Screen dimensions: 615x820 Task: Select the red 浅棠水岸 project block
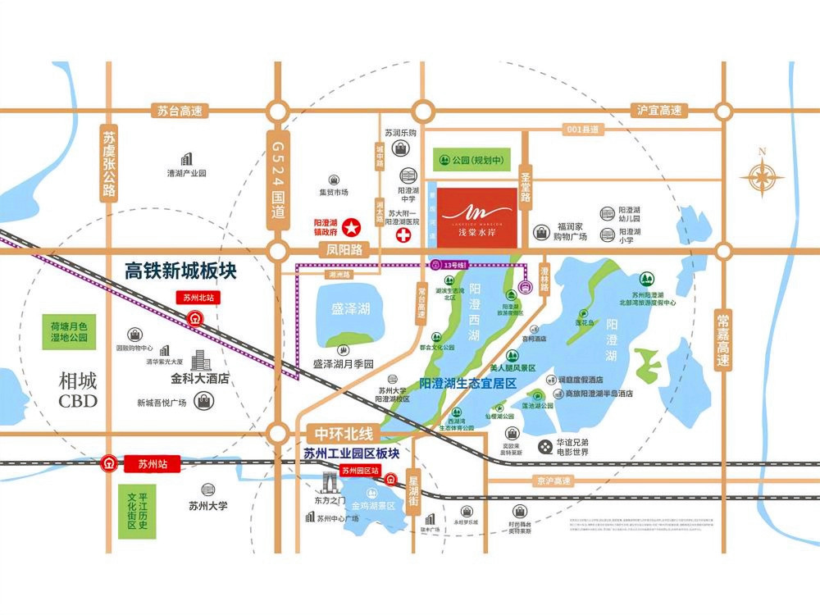tap(476, 216)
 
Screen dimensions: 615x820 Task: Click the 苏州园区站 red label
tap(360, 471)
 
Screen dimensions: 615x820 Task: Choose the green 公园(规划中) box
tap(470, 159)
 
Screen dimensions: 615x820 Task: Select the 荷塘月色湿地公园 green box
tap(68, 331)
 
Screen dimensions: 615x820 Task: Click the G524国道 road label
tap(278, 180)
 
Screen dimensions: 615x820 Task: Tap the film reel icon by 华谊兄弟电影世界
tap(545, 447)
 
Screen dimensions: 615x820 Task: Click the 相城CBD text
tap(78, 390)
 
